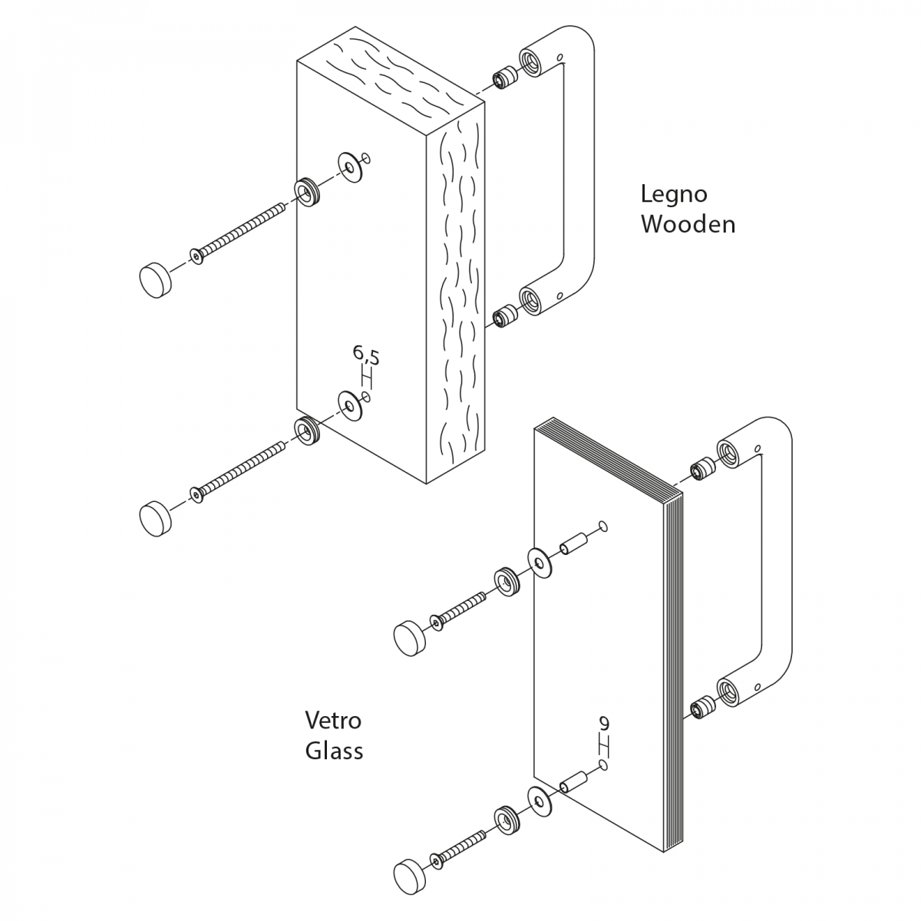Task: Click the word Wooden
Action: (x=688, y=224)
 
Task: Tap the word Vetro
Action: (x=333, y=721)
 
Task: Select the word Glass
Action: (x=334, y=750)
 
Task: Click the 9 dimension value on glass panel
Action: (x=604, y=723)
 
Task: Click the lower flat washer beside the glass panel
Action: (x=540, y=801)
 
